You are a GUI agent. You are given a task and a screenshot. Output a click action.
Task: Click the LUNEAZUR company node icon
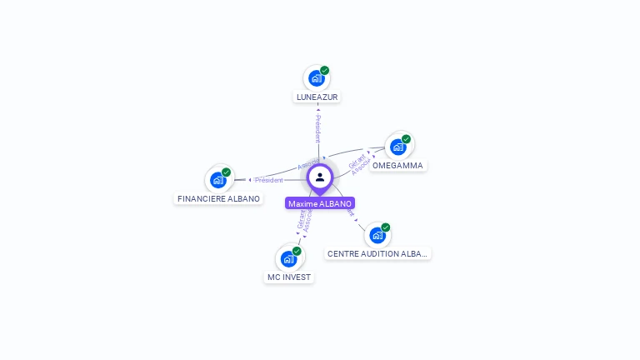click(x=316, y=78)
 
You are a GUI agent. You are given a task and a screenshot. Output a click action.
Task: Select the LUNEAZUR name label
click(x=317, y=97)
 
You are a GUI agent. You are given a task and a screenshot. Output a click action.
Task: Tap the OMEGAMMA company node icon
click(x=397, y=147)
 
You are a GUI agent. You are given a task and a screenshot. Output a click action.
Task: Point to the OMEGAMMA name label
click(x=397, y=165)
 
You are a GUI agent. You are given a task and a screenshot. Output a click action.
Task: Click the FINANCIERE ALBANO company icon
click(x=218, y=179)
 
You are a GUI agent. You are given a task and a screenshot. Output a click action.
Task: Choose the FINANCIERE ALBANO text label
click(x=218, y=199)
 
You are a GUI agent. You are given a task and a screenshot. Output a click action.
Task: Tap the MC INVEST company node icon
click(x=288, y=258)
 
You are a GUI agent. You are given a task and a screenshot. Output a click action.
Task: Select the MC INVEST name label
click(x=289, y=277)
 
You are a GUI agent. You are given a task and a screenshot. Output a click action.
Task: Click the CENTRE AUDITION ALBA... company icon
click(x=377, y=235)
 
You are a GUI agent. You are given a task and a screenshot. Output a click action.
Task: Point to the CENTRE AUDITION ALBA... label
click(x=377, y=253)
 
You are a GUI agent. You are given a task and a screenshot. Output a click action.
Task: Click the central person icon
click(x=320, y=177)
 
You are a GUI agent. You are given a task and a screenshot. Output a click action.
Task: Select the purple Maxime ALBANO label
click(x=320, y=203)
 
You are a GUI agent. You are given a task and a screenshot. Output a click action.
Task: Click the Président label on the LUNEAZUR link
click(x=317, y=129)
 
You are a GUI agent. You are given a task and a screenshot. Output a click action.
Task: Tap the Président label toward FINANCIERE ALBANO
click(x=268, y=180)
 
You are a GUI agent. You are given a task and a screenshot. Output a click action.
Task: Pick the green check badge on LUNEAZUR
click(x=324, y=71)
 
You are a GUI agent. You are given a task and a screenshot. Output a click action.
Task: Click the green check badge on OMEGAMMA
click(x=406, y=139)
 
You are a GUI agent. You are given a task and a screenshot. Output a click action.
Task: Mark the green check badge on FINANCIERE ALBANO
click(x=226, y=172)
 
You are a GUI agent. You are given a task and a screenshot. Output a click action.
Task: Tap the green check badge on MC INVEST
click(x=297, y=251)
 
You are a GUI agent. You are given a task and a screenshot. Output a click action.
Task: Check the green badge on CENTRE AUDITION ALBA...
click(x=385, y=227)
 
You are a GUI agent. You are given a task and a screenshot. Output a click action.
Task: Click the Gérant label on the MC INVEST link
click(x=301, y=219)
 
